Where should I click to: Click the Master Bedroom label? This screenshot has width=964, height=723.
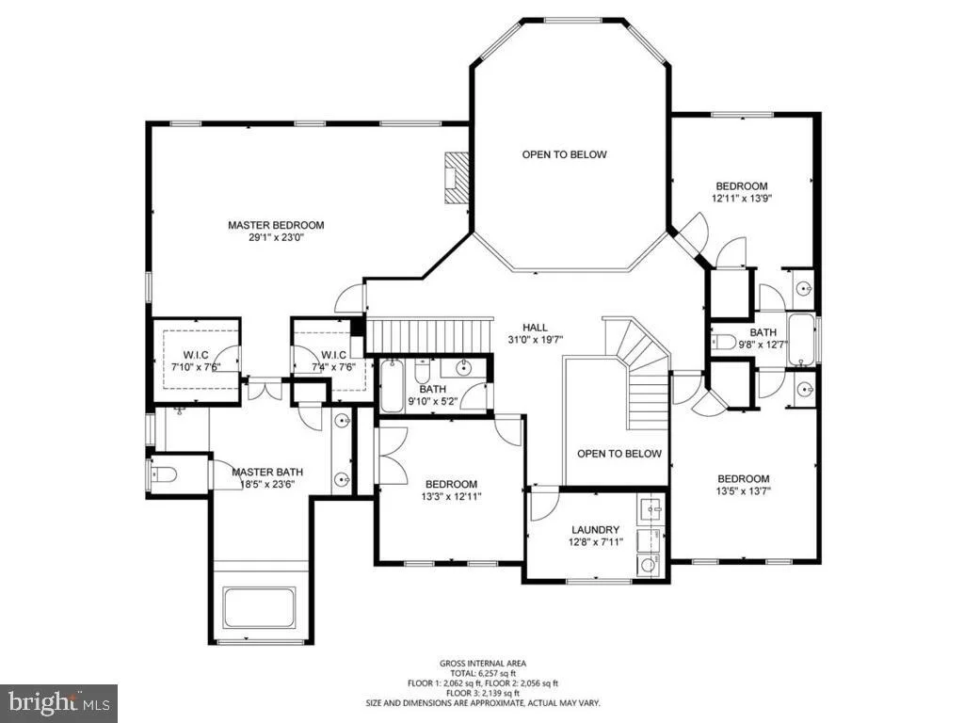(x=276, y=225)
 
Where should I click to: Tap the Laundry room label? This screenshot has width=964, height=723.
(x=595, y=529)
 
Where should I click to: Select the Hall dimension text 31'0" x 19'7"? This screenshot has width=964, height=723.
(x=536, y=339)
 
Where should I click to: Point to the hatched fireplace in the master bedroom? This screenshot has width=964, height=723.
(x=457, y=178)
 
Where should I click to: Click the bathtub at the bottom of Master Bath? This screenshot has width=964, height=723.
(x=259, y=608)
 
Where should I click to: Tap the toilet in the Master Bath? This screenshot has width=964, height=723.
(x=164, y=474)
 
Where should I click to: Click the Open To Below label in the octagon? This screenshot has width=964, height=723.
(x=565, y=154)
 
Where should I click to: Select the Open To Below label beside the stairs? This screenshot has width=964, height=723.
(x=619, y=454)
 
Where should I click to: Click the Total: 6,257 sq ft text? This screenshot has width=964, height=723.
(x=483, y=673)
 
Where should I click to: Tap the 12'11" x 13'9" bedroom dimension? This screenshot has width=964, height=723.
(x=742, y=199)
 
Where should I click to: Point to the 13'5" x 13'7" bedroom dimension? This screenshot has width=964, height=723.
(x=744, y=491)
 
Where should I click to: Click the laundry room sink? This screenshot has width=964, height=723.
(x=651, y=509)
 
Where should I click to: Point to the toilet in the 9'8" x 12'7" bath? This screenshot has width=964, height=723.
(x=724, y=341)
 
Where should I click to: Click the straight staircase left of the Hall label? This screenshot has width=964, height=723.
(x=429, y=335)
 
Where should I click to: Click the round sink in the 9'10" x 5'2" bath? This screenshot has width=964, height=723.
(x=463, y=368)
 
